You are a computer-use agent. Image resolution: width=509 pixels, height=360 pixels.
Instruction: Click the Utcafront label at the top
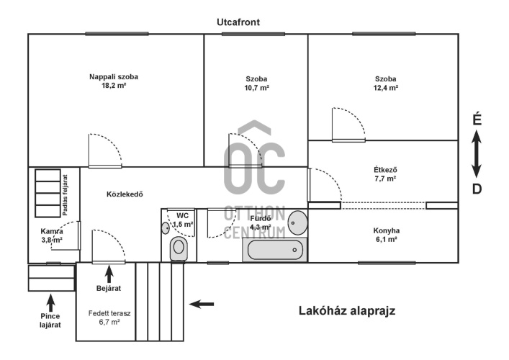[x=238, y=22]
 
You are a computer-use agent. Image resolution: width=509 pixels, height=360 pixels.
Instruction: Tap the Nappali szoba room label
[x=114, y=77]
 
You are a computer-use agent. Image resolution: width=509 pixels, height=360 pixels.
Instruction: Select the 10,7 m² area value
[x=256, y=88]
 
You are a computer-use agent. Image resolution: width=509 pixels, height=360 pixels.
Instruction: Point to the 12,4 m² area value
[x=386, y=88]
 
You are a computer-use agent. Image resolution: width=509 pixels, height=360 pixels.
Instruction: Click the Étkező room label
[x=385, y=170]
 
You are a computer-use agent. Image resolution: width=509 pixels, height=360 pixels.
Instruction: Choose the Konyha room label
[x=387, y=231]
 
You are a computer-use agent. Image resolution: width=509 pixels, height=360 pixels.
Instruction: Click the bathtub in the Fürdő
[x=274, y=250]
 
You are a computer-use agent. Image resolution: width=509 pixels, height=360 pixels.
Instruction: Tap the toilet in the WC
[x=179, y=248]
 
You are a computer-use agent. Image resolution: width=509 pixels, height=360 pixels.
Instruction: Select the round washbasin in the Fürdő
[x=297, y=222]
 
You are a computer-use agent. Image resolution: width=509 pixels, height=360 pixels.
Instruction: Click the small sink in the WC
[x=166, y=228]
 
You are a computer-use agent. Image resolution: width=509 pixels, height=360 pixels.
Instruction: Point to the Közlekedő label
[x=125, y=194]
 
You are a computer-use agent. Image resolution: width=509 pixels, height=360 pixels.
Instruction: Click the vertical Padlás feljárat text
[x=66, y=195]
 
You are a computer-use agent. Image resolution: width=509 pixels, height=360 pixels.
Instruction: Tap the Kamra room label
[x=52, y=231]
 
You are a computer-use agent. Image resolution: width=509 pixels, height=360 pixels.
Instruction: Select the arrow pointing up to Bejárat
[x=109, y=274]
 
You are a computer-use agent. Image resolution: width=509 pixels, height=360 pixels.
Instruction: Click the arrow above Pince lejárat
[x=50, y=302]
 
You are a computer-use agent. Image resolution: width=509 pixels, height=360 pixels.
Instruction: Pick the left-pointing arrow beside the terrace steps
[x=202, y=304]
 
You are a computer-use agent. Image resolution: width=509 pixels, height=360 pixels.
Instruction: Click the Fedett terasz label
[x=109, y=314]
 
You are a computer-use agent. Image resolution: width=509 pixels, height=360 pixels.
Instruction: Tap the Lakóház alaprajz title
[x=347, y=310]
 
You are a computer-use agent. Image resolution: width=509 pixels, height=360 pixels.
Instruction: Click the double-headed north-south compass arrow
[x=476, y=154]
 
